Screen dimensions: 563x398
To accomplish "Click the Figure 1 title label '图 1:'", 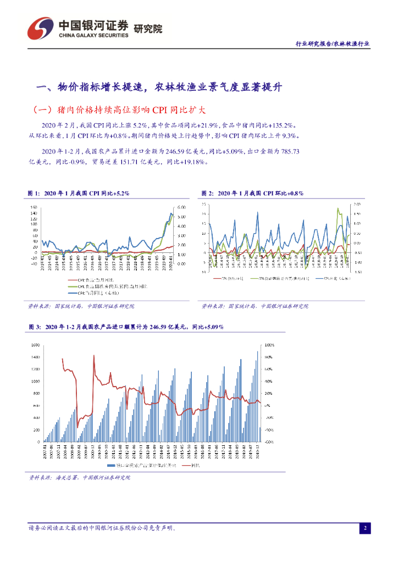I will pyautogui.click(x=34, y=194).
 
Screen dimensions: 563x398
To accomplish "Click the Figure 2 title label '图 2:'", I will pyautogui.click(x=207, y=194).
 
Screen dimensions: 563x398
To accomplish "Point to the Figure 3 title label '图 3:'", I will pyautogui.click(x=34, y=327).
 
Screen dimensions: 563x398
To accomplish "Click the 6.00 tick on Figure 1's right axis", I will pyautogui.click(x=183, y=207).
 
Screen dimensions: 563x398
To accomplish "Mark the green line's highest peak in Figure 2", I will pyautogui.click(x=337, y=208).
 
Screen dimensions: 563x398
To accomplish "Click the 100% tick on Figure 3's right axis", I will pyautogui.click(x=270, y=345).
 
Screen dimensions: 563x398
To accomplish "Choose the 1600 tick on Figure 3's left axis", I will pyautogui.click(x=35, y=345).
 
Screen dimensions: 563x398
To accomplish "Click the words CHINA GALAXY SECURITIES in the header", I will pyautogui.click(x=93, y=35).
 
